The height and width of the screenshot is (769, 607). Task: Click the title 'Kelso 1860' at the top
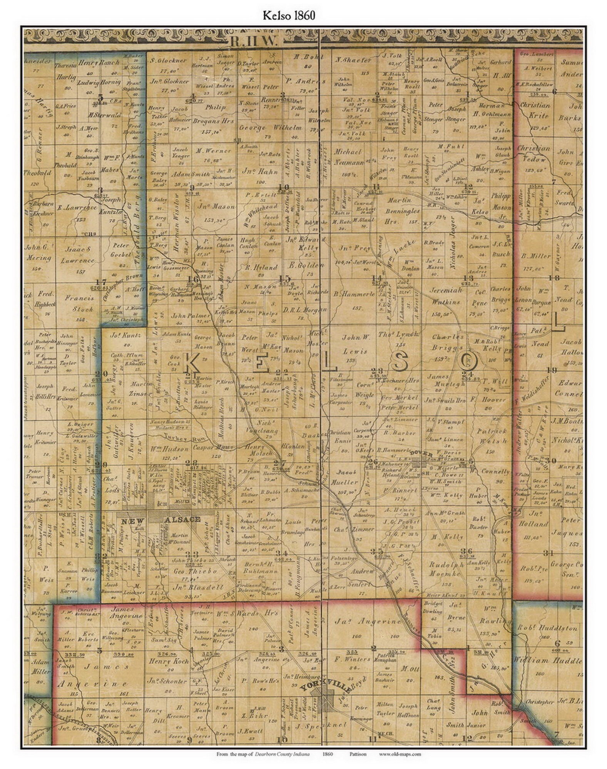[x=289, y=15]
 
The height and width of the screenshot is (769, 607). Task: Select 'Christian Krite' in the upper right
[x=536, y=110]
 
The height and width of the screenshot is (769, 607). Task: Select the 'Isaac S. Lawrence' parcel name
[x=78, y=255]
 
